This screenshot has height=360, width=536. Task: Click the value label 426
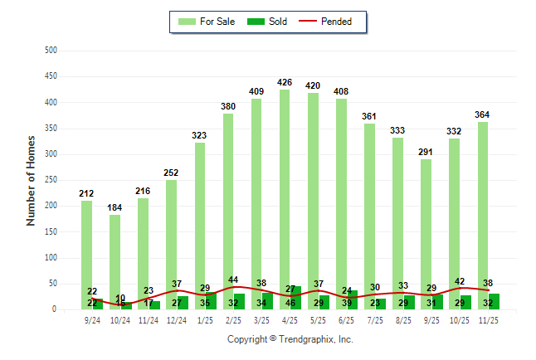coord(285,82)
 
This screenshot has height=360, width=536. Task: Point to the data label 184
coord(115,207)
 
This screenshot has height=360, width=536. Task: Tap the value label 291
coord(426,152)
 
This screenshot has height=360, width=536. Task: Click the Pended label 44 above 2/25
coord(233,280)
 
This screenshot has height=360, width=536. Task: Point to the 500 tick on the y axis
coord(51,51)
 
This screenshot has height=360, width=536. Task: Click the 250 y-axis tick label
coord(51,180)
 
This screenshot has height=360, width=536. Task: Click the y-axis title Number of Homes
coord(32,180)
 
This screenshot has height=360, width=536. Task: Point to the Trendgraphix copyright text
coord(290,339)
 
